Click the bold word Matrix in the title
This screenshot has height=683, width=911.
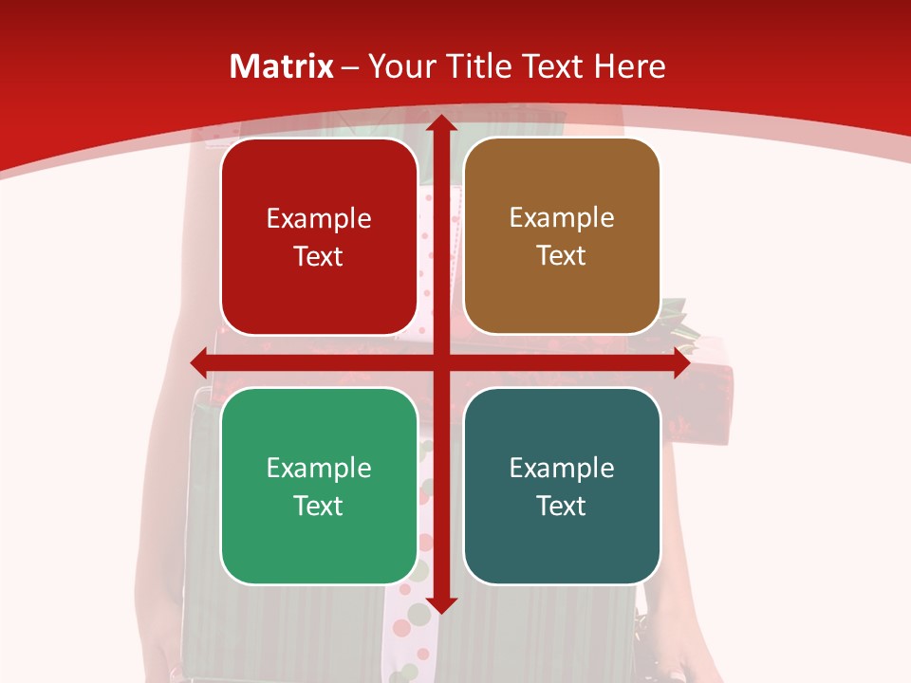click(282, 66)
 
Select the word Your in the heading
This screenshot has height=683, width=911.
click(398, 66)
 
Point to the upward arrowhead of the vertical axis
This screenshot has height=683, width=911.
click(440, 123)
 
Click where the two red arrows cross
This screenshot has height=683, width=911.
click(440, 363)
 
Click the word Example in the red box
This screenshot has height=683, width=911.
click(319, 218)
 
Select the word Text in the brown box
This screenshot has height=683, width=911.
click(562, 256)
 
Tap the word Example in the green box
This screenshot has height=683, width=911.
click(319, 468)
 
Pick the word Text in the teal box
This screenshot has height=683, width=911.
click(562, 506)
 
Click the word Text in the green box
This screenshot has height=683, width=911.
click(319, 506)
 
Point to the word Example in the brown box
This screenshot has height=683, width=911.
click(562, 217)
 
